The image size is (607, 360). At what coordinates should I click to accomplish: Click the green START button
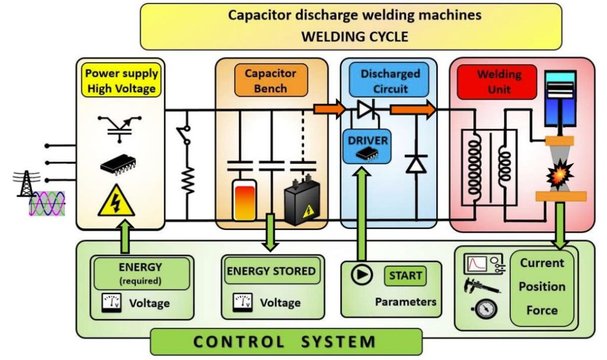click(x=406, y=276)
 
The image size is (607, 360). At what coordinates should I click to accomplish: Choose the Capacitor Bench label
click(x=270, y=81)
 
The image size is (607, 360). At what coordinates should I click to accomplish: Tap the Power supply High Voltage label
click(x=121, y=81)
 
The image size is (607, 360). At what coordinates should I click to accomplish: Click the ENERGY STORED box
click(x=271, y=272)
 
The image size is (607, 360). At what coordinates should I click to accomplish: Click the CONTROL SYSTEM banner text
click(x=285, y=342)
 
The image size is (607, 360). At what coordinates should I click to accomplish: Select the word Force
click(x=542, y=310)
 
